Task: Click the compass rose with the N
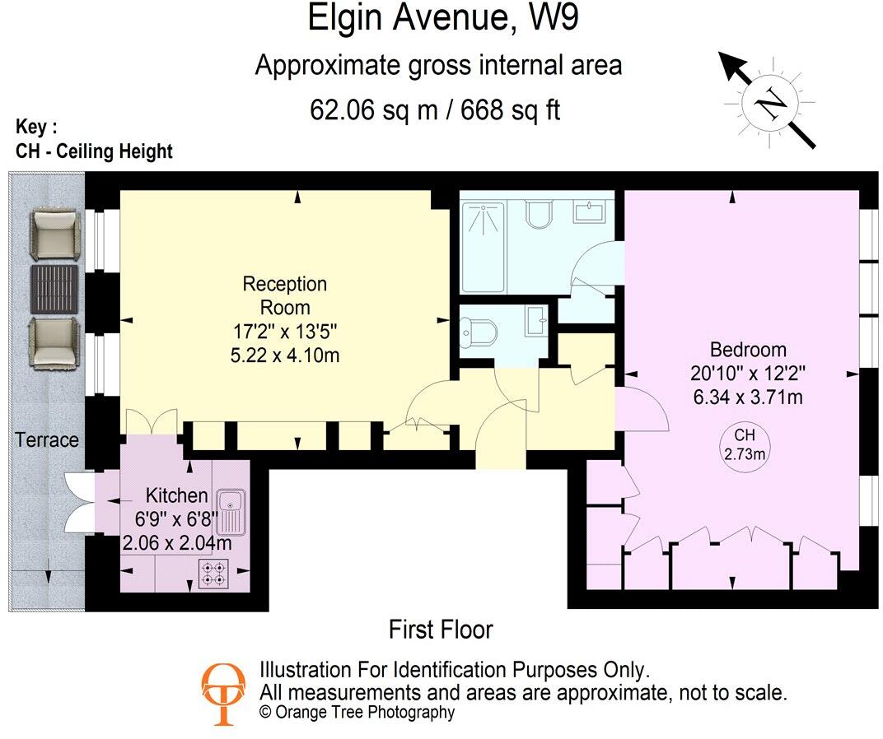769,102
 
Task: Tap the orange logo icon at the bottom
222,694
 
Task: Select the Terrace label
47,440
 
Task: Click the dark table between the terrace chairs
55,286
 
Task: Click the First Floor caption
441,630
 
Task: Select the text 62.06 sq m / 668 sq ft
435,109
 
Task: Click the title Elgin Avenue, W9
442,19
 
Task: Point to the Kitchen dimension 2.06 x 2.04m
176,543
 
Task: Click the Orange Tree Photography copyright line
357,713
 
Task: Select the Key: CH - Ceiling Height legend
94,140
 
